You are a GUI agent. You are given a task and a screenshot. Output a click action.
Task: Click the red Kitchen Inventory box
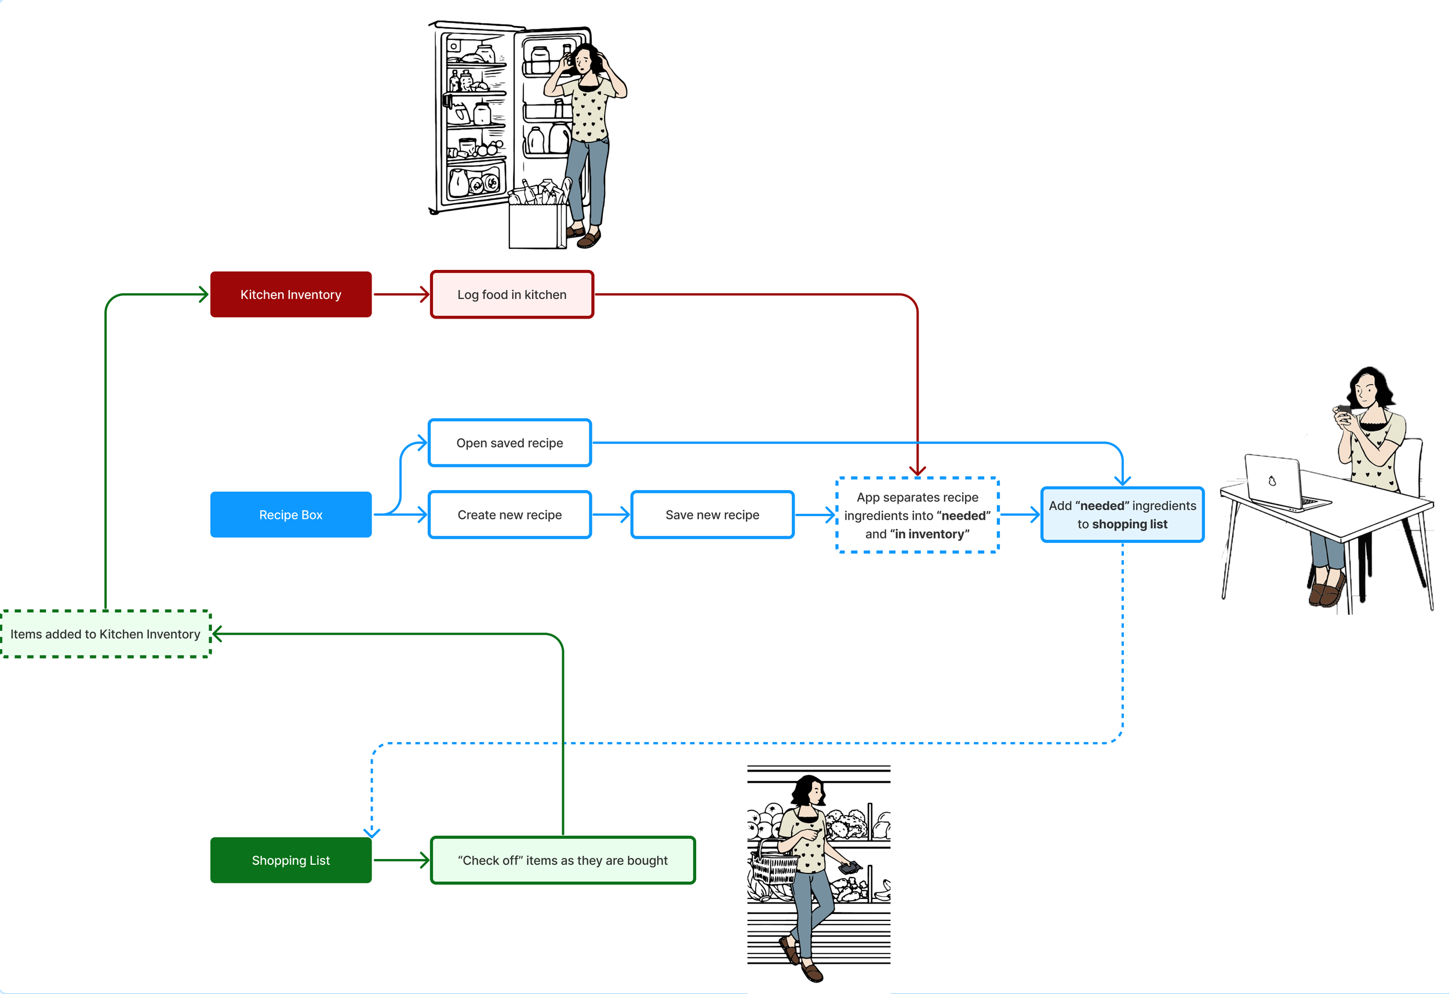click(x=290, y=294)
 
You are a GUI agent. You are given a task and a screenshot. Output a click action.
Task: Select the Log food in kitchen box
click(x=511, y=294)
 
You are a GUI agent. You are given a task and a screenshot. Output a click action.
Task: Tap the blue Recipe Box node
click(x=290, y=515)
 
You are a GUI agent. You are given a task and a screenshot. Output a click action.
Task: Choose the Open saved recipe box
click(x=509, y=443)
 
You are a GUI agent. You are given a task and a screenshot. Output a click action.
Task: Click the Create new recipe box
click(x=509, y=515)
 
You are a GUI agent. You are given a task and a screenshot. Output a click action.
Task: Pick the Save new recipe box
click(x=712, y=515)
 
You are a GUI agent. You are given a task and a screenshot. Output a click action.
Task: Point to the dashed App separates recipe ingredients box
click(x=916, y=515)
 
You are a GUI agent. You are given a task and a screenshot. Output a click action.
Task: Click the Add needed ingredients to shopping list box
click(x=1122, y=515)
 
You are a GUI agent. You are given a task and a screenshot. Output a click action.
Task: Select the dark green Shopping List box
click(x=290, y=860)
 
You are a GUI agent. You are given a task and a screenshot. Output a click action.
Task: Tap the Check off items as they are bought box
click(x=562, y=860)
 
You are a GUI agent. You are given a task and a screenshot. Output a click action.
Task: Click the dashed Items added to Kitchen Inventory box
click(x=105, y=634)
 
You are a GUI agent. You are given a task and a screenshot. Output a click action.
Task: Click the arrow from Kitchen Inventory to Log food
click(x=401, y=294)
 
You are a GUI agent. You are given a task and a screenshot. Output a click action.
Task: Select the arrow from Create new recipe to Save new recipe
click(x=610, y=515)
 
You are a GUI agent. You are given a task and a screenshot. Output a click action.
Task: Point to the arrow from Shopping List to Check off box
click(x=401, y=860)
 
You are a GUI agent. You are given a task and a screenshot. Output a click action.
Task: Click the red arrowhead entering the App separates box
click(x=917, y=470)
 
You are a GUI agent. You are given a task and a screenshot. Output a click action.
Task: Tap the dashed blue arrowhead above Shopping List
click(x=372, y=831)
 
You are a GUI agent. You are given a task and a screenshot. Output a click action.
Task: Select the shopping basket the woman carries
click(x=773, y=863)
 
